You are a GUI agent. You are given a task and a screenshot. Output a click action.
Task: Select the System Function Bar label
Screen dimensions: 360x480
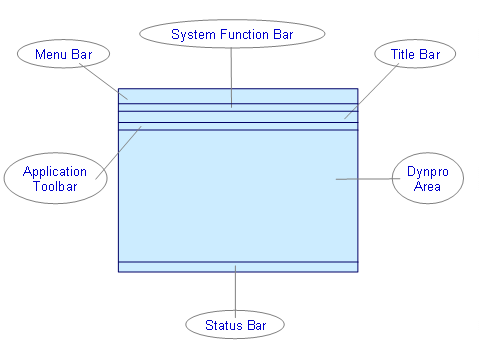click(x=232, y=34)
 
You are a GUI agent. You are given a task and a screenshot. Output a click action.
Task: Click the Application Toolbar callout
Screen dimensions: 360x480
click(x=55, y=178)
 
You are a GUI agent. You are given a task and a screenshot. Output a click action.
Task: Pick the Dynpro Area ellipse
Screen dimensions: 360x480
click(x=427, y=179)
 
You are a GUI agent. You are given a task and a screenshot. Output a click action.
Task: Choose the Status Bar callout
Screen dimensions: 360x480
click(x=235, y=325)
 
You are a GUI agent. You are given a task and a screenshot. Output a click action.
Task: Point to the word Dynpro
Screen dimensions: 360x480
click(x=427, y=172)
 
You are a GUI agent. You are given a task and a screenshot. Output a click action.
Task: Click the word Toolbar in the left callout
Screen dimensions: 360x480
click(x=55, y=186)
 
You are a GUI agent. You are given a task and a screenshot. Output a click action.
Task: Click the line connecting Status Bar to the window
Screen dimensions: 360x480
click(x=235, y=290)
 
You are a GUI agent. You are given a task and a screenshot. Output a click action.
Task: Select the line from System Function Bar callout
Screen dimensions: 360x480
click(x=232, y=75)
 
